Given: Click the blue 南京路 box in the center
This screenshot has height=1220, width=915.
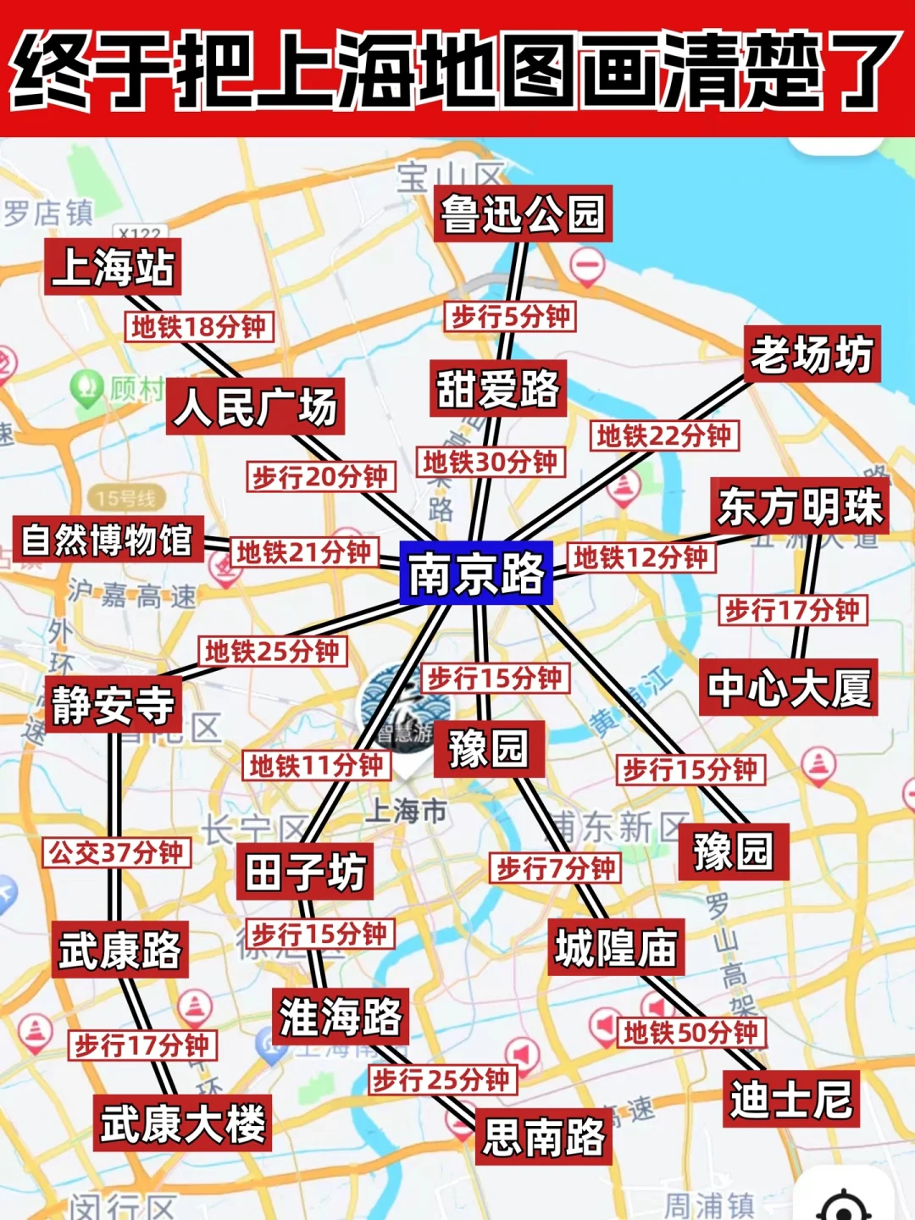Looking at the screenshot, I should point(476,574).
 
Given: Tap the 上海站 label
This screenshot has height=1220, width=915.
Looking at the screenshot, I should point(113,267).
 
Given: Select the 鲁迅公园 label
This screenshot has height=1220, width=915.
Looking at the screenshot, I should point(523,213).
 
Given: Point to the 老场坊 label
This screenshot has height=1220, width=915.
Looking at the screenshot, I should point(812,354).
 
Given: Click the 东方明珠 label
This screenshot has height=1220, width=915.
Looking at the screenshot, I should point(800,507).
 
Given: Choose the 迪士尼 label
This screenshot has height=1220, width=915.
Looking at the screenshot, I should point(790,1099).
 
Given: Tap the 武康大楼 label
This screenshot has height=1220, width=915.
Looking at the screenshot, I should point(183,1123).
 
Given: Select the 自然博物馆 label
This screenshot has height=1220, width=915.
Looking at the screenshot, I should point(108,540).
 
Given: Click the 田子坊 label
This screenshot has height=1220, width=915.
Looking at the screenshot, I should point(305,871).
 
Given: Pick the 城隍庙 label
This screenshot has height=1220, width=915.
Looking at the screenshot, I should point(616,947).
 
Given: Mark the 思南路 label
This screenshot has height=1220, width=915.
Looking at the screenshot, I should point(543,1136).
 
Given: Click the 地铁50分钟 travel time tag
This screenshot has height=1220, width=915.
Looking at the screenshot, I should point(690,1033).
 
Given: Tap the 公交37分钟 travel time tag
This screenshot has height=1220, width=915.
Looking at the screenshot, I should point(116,852).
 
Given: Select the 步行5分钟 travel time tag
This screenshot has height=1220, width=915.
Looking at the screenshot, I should point(510,317).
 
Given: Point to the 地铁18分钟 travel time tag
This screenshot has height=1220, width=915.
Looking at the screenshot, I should point(199,326).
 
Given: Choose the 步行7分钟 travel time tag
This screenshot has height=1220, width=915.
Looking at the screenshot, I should point(555,868).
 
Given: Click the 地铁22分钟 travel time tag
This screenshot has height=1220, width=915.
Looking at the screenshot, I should point(663,436).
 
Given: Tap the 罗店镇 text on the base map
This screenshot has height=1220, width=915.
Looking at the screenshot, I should point(47,212).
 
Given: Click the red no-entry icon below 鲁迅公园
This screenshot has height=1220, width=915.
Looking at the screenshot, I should point(586,266).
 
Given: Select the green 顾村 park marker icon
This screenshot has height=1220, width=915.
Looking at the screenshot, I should point(86,388).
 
